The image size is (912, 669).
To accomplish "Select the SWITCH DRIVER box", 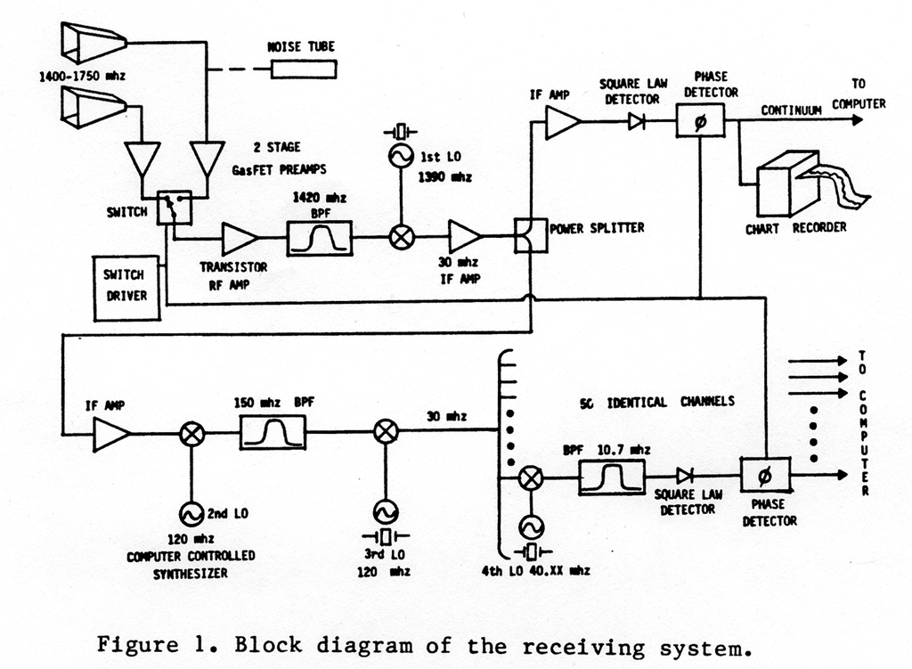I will click(x=126, y=287).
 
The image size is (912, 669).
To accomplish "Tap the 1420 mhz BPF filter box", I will click(x=319, y=238).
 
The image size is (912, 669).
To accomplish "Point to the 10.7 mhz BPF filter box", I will click(x=611, y=477).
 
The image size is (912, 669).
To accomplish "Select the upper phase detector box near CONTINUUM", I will click(x=699, y=120).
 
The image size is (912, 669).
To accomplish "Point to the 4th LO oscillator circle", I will click(x=531, y=526).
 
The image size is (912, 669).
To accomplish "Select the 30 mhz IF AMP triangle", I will click(x=464, y=238).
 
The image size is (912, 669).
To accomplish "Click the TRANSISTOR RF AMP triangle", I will click(x=239, y=239).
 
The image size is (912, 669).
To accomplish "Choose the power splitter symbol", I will click(x=530, y=237).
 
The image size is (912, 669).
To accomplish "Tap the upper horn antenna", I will click(x=93, y=41).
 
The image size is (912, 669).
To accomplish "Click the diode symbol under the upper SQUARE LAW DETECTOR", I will click(x=636, y=122).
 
